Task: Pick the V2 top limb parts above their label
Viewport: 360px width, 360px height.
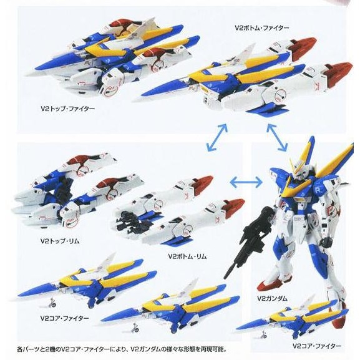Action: pos(75,187)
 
